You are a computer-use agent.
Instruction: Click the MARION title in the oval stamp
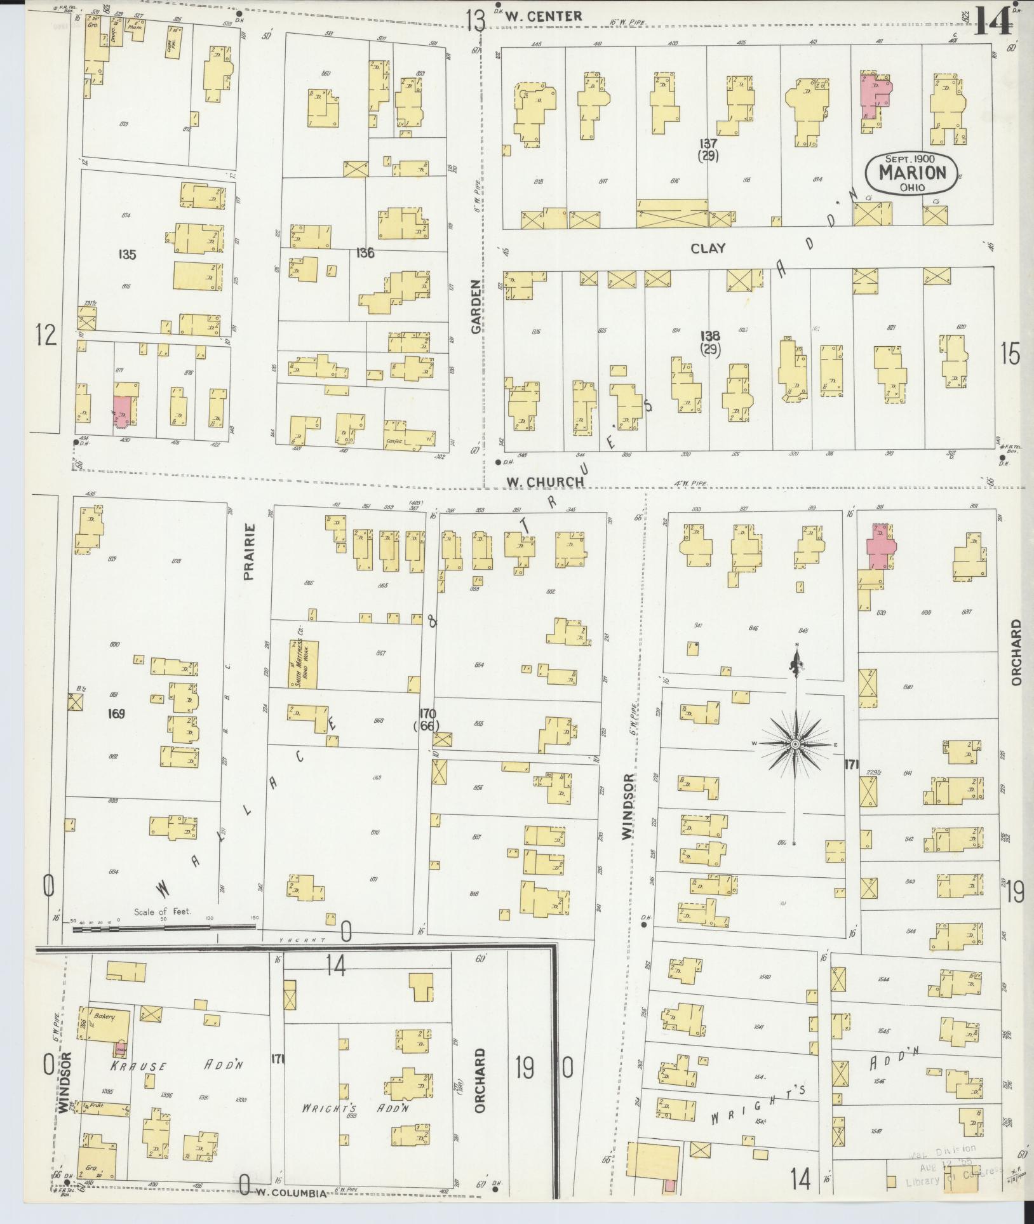click(911, 173)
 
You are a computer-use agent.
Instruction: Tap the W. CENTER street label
click(544, 17)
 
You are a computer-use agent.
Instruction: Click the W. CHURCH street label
click(544, 482)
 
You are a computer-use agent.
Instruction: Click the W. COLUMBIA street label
click(292, 1194)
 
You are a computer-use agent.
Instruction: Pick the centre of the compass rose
click(795, 744)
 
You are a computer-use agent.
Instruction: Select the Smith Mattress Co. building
click(302, 664)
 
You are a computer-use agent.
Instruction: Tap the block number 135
click(127, 255)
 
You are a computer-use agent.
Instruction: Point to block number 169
click(116, 713)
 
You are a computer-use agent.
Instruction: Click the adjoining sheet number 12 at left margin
click(46, 335)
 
